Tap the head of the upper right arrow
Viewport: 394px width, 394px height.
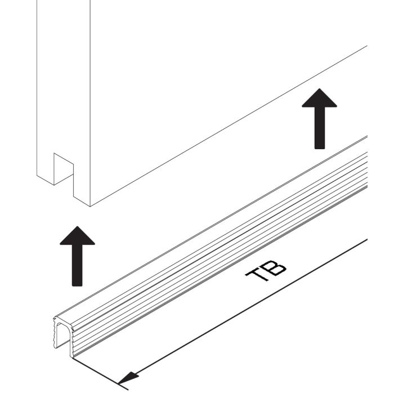coord(319,98)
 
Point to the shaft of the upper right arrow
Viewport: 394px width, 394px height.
coord(320,128)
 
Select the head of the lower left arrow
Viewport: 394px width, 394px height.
coord(78,236)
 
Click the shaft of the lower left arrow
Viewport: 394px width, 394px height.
coord(77,266)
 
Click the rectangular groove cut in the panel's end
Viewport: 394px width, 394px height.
coord(63,168)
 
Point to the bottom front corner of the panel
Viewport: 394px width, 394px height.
coord(90,207)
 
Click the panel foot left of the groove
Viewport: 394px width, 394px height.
coord(46,172)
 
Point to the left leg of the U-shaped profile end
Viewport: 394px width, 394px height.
coord(55,333)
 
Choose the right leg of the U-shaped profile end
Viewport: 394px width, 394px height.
coord(71,342)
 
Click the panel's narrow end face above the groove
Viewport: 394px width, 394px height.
coord(63,78)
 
